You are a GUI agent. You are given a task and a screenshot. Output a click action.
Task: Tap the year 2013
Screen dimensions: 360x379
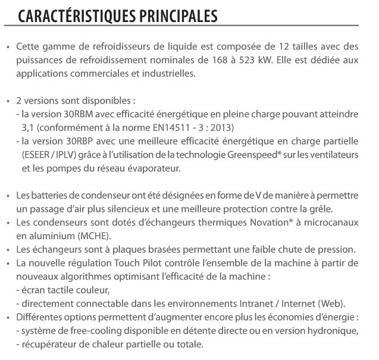click(x=221, y=128)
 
